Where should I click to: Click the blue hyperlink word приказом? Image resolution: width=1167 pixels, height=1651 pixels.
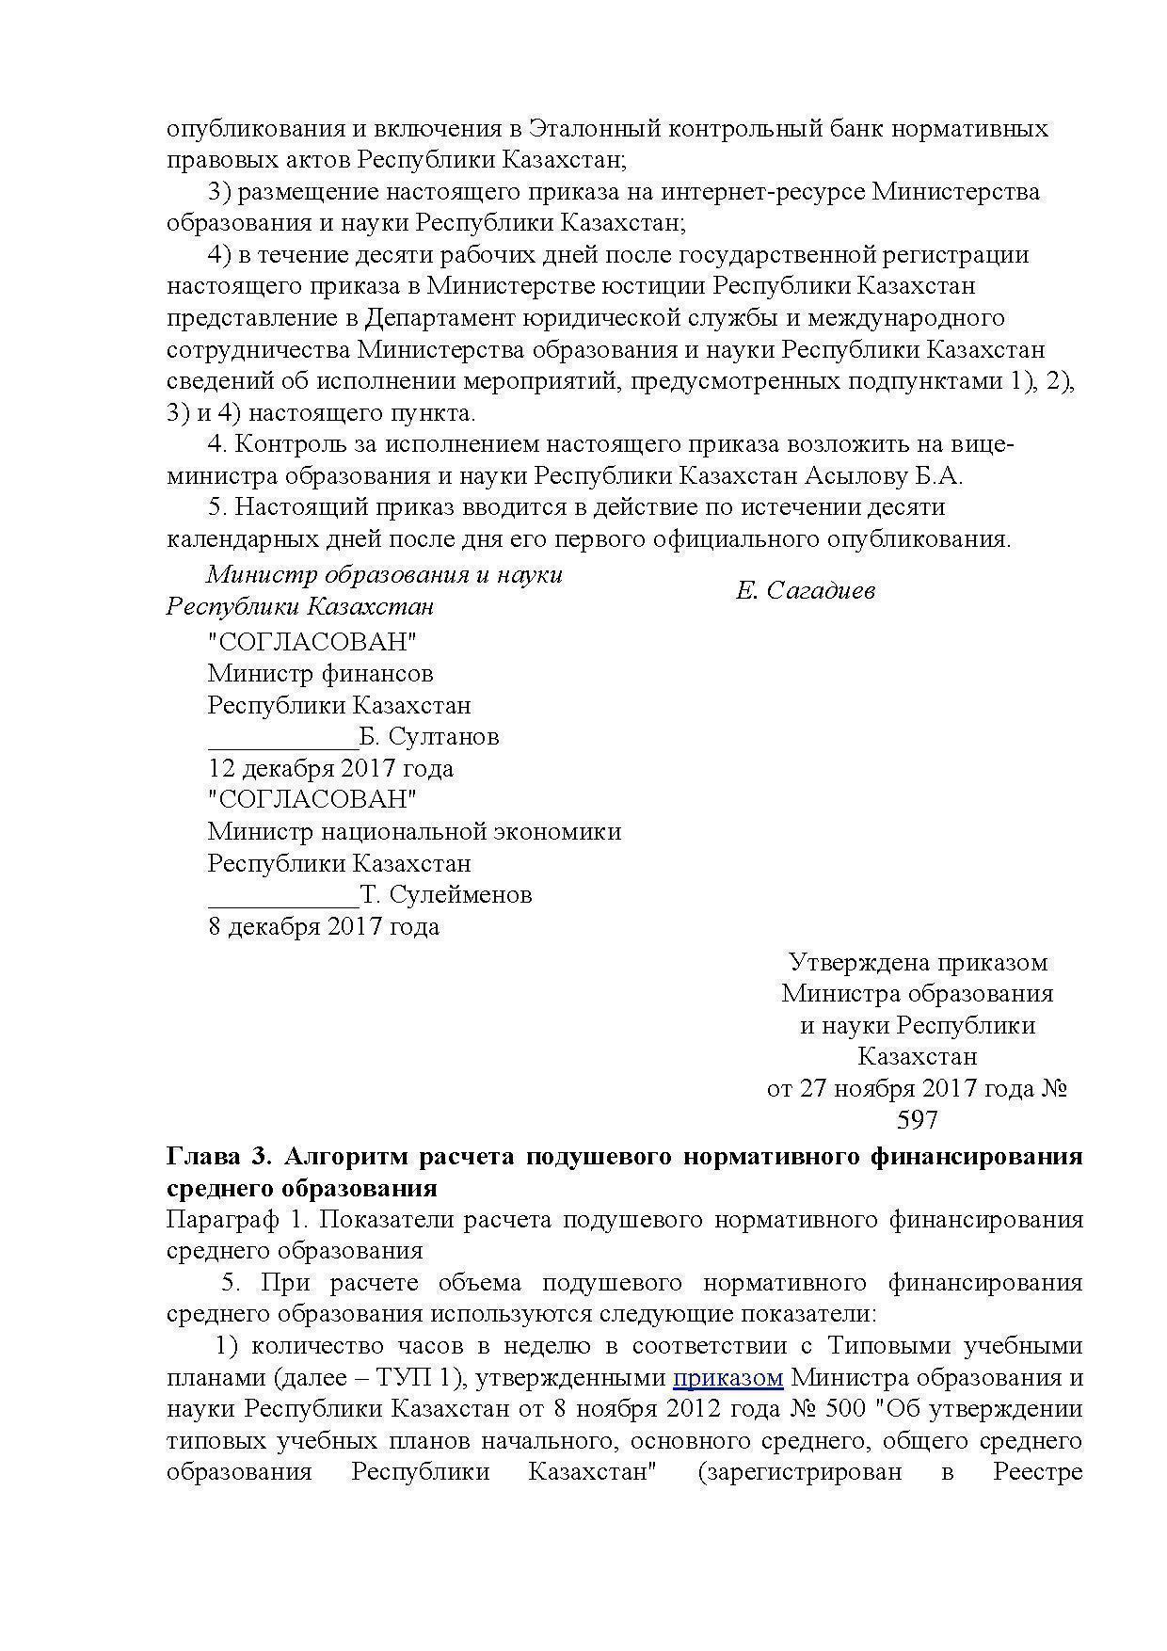(x=727, y=1378)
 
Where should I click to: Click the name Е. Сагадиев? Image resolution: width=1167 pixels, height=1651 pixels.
(x=806, y=590)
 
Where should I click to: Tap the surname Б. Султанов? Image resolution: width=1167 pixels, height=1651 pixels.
(x=429, y=736)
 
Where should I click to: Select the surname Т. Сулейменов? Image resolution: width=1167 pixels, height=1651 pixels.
(x=446, y=894)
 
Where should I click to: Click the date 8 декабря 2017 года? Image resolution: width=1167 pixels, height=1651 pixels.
(x=323, y=926)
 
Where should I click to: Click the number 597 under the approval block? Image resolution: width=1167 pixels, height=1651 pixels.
(x=918, y=1120)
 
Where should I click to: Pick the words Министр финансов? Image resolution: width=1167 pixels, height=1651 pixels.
(x=320, y=674)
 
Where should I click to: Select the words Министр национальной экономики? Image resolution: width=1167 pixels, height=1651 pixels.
(x=414, y=832)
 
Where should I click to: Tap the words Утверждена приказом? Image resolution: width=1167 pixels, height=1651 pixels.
(x=918, y=962)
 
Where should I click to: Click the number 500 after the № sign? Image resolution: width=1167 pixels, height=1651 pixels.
(x=845, y=1410)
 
